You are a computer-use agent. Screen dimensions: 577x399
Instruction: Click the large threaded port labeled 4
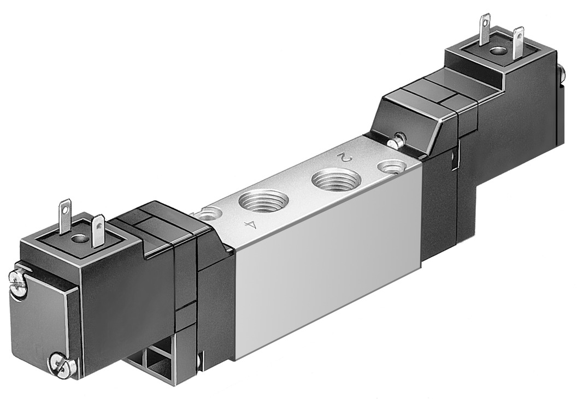[x=256, y=202]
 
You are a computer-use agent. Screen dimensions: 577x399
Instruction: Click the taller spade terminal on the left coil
[x=65, y=216]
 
